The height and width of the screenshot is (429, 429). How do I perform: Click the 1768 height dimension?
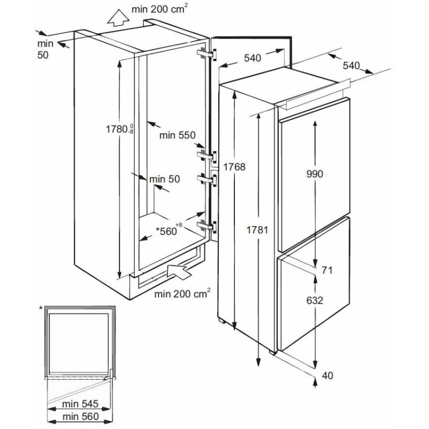coord(234,167)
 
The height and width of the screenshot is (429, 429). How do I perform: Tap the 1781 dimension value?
coord(256,230)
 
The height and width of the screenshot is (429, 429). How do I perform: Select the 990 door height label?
coord(315,174)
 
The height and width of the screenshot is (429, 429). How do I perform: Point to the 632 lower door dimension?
coord(315,301)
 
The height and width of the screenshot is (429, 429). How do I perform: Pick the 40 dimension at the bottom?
coord(327,375)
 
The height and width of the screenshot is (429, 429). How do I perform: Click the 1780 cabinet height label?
coord(117,129)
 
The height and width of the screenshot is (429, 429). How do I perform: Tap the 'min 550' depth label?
coord(176,136)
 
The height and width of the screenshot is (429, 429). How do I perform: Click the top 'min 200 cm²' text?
coord(159,9)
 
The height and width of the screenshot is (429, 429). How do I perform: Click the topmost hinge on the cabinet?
coord(208,55)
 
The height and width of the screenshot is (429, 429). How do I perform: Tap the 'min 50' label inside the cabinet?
coord(164,179)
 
